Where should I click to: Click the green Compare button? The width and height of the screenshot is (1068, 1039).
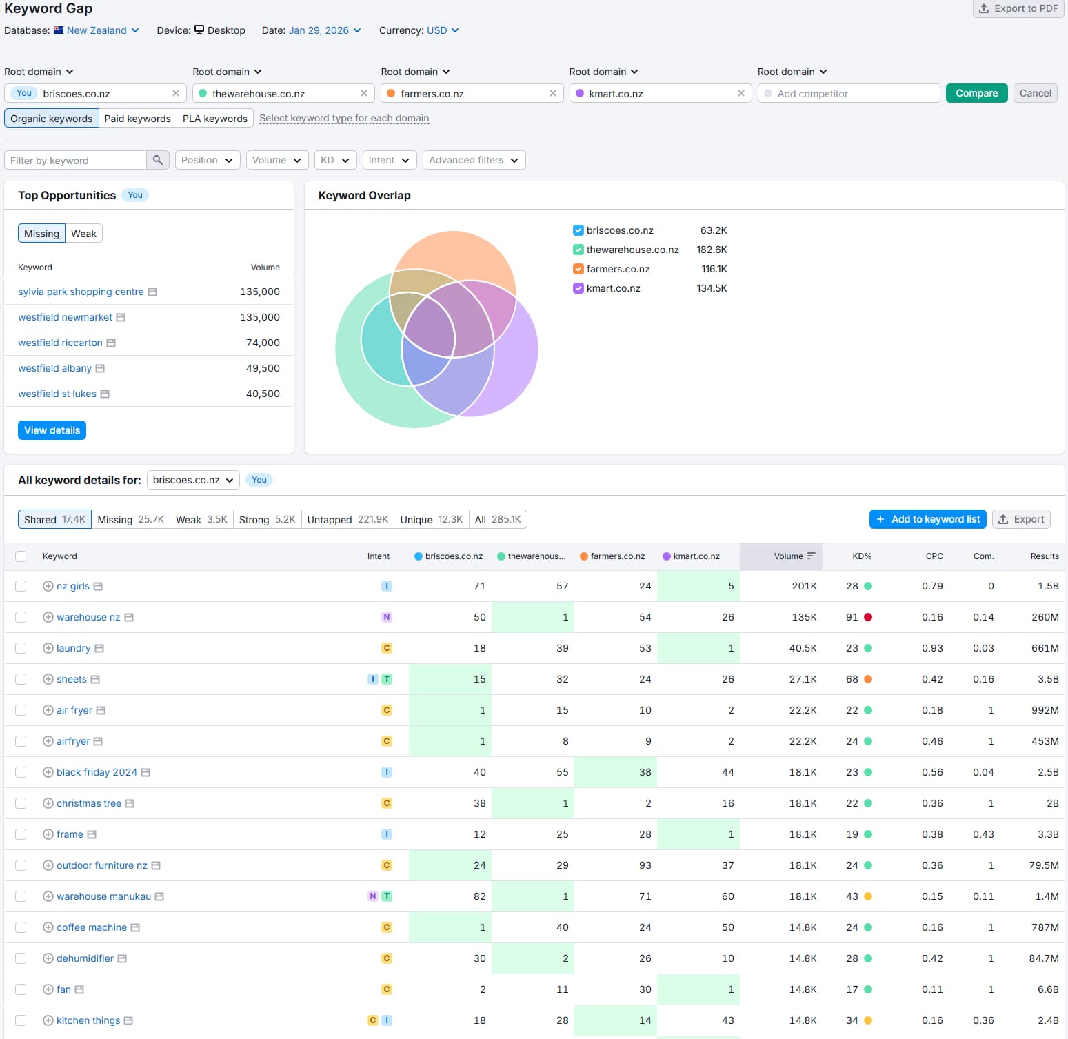976,93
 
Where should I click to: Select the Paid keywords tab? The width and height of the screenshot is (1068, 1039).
137,119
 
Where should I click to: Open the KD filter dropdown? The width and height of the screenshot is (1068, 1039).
335,160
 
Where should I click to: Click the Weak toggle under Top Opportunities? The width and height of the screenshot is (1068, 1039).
83,234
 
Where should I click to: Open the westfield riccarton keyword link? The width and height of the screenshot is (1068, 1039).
60,343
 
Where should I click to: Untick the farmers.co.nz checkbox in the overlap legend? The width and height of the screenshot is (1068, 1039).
578,269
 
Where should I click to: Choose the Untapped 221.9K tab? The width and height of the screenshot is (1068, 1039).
347,519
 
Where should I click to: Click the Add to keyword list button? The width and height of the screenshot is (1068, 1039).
927,519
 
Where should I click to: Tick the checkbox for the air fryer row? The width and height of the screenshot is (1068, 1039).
21,710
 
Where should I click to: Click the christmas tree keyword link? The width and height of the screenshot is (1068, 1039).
88,803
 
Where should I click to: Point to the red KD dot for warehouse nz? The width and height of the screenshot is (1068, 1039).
868,617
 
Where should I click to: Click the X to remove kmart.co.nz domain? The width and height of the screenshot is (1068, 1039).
740,93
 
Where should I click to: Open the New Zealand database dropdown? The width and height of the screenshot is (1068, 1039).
102,30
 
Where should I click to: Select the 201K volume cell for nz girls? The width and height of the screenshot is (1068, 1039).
803,586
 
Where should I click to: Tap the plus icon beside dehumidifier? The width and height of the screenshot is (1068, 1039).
48,958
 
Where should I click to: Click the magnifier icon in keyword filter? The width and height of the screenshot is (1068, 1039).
158,160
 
